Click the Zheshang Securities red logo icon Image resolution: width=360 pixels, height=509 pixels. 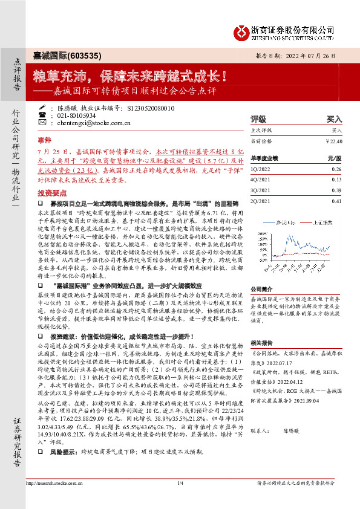pyautogui.click(x=242, y=32)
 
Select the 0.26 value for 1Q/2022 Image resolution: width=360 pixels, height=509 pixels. pyautogui.click(x=336, y=169)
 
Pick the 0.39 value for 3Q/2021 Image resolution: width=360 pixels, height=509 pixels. pyautogui.click(x=336, y=190)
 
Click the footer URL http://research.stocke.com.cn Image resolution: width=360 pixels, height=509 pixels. pyautogui.click(x=55, y=500)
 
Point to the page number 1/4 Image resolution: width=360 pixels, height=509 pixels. pyautogui.click(x=180, y=500)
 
